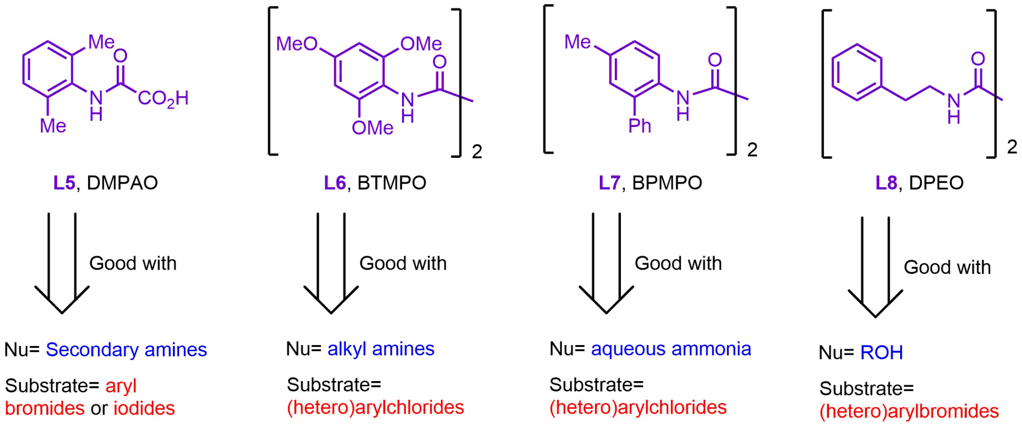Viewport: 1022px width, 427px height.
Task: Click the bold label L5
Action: pos(64,183)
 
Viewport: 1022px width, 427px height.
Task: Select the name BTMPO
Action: pos(392,183)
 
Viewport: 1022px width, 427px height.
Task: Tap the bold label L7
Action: pos(609,183)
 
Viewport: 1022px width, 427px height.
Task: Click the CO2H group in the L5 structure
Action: pos(163,98)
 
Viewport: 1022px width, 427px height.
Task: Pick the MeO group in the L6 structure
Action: pos(296,44)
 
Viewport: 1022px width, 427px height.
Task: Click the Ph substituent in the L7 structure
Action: pos(640,125)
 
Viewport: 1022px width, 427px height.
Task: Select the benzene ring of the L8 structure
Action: pos(856,72)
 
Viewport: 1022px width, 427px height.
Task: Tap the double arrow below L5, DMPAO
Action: pos(62,263)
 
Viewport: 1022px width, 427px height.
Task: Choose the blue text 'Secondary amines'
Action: pos(126,350)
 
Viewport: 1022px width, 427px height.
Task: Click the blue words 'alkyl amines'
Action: pos(381,349)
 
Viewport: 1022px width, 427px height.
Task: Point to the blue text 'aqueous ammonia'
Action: pos(670,349)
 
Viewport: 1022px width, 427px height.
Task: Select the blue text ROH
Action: pos(881,353)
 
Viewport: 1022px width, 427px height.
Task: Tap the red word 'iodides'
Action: pos(144,408)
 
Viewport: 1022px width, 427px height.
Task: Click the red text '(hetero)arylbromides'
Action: pos(908,411)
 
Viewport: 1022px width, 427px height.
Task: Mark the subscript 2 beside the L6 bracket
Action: pos(477,151)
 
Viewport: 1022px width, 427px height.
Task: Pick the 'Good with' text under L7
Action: pos(678,264)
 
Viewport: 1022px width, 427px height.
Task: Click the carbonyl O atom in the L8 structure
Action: pos(978,59)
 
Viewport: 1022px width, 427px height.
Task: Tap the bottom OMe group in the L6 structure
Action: pos(372,127)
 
